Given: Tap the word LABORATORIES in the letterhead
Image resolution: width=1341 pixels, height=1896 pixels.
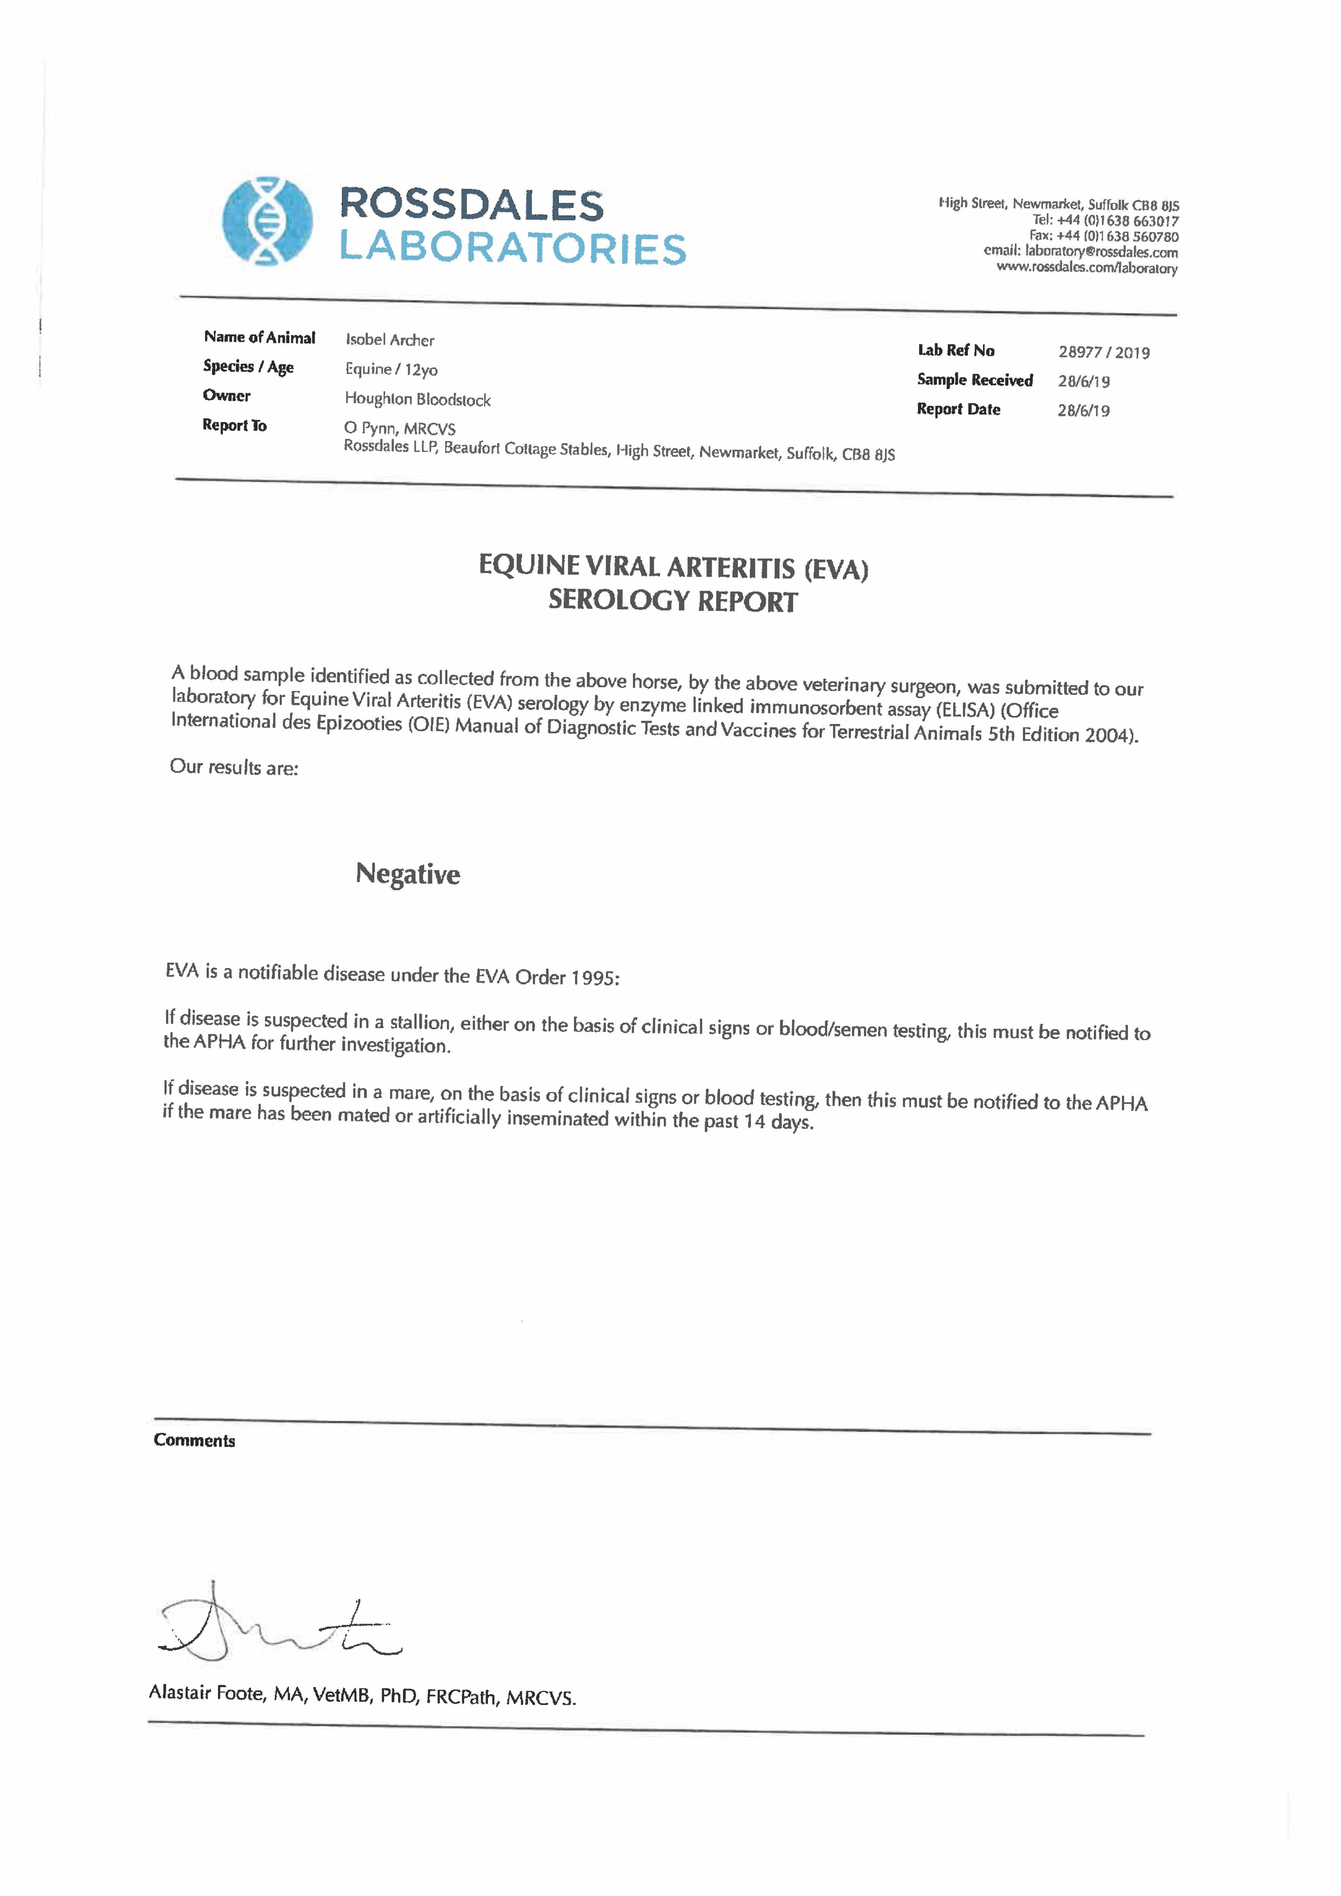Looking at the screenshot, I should click(x=513, y=248).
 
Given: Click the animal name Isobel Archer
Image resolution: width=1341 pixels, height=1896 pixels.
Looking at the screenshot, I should click(x=390, y=339).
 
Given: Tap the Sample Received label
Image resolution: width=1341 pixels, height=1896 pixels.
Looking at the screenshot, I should click(x=974, y=380).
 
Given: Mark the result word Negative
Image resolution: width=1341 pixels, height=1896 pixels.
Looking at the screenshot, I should click(x=408, y=874).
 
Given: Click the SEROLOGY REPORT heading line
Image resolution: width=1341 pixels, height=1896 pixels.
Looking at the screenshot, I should click(x=673, y=600).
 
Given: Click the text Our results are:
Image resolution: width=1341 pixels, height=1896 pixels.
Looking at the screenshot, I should click(x=234, y=767).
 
